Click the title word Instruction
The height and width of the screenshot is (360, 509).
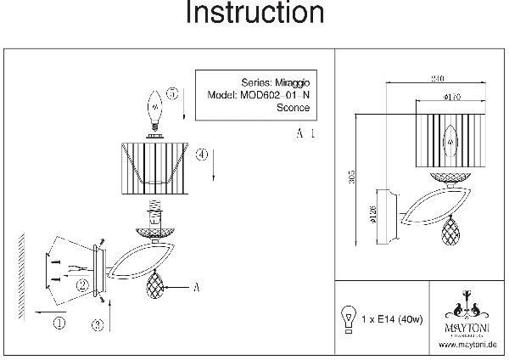tap(254, 14)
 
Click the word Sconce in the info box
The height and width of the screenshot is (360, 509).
tap(293, 108)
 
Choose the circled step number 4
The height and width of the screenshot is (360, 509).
tap(200, 155)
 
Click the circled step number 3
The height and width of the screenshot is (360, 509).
tap(98, 323)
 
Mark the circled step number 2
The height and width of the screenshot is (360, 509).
tap(81, 286)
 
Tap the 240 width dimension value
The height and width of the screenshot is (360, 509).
tap(437, 78)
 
